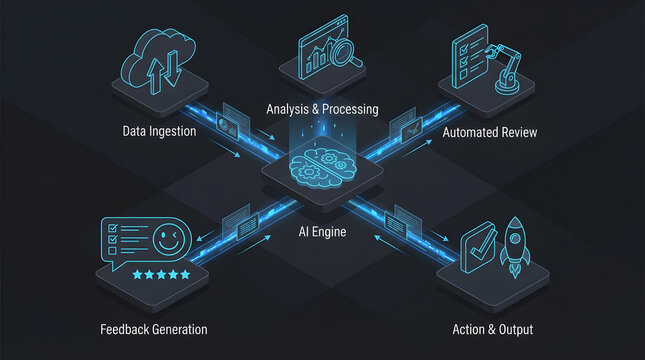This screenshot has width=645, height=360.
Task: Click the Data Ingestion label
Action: point(160,131)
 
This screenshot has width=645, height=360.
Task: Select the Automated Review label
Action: point(491,131)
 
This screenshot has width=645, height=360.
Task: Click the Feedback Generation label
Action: point(154,329)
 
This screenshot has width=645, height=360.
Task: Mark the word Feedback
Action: point(125,329)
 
